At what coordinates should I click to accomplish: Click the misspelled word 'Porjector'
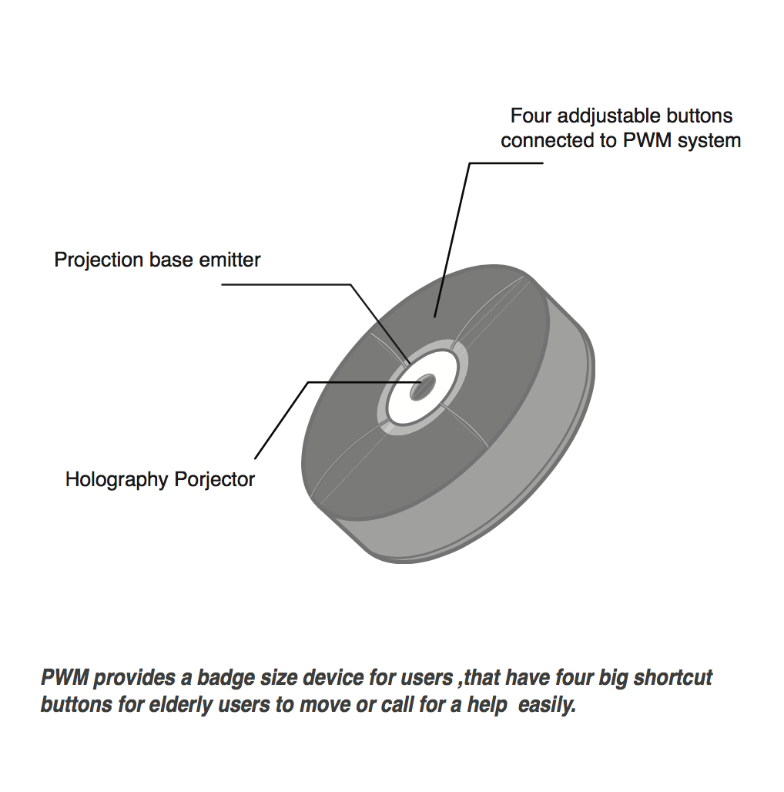coord(215,480)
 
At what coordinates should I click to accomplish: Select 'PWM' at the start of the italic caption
coord(65,677)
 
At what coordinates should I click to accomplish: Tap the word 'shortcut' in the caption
coord(673,678)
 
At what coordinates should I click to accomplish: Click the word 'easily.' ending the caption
coord(547,705)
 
